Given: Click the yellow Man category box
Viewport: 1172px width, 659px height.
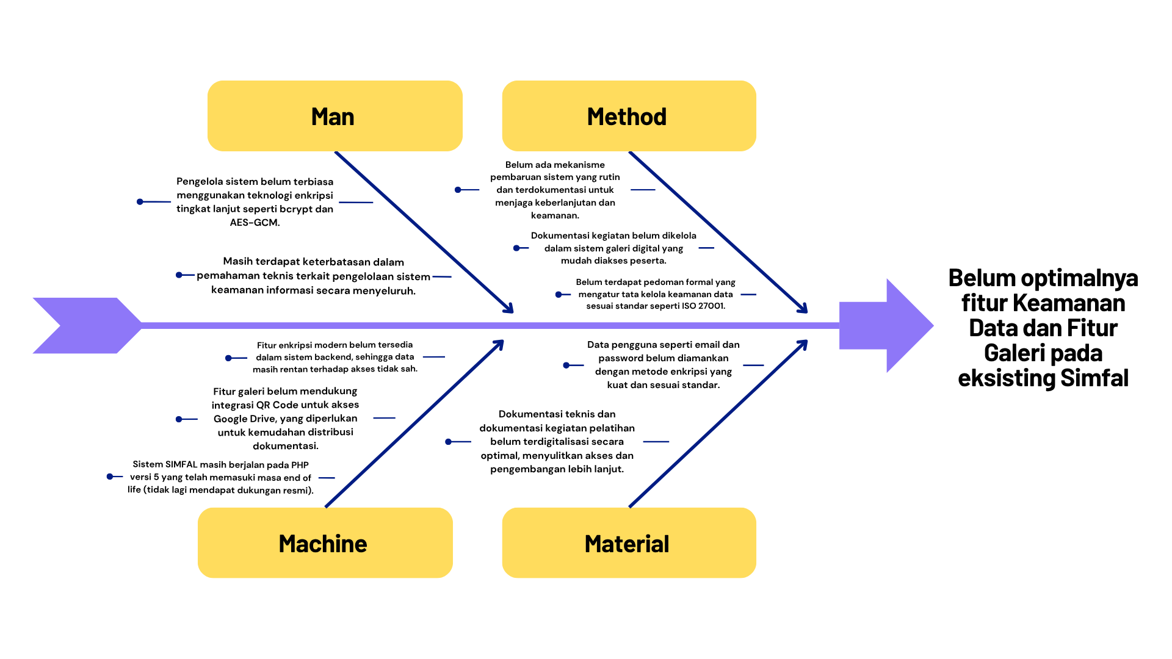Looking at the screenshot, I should pyautogui.click(x=335, y=116).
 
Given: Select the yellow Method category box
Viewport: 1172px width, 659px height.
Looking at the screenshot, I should pyautogui.click(x=629, y=116).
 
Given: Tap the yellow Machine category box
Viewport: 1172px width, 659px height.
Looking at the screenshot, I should pyautogui.click(x=325, y=542).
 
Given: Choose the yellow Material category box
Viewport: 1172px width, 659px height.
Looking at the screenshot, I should pyautogui.click(x=629, y=542).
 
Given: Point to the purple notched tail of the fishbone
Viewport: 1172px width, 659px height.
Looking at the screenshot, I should pyautogui.click(x=85, y=325).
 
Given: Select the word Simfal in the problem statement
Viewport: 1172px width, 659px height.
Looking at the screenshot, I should pyautogui.click(x=1094, y=378).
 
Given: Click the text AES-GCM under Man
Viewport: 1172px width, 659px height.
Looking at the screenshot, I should pyautogui.click(x=255, y=223).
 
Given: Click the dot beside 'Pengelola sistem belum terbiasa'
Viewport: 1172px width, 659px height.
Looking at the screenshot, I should pyautogui.click(x=140, y=201).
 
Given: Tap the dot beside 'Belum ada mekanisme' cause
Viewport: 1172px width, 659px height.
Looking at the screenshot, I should pyautogui.click(x=458, y=190).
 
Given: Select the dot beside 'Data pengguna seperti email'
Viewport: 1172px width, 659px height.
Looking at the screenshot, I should pyautogui.click(x=566, y=365).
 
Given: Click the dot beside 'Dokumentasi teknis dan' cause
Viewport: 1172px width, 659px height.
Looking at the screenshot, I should pyautogui.click(x=449, y=441).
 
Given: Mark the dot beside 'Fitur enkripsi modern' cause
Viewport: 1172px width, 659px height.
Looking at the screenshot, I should pyautogui.click(x=228, y=358).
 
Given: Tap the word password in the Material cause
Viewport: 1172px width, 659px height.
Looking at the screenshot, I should pyautogui.click(x=620, y=358).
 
